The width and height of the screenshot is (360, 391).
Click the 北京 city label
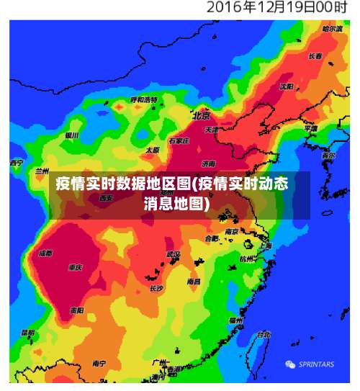pyautogui.click(x=201, y=115)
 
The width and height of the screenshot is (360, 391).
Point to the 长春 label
pyautogui.click(x=315, y=55)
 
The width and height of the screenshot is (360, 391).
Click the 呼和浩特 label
pyautogui.click(x=144, y=99)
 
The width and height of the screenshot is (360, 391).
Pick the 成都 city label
pyautogui.click(x=45, y=253)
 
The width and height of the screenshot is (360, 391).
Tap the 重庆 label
pyautogui.click(x=76, y=267)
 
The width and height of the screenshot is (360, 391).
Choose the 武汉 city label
pyautogui.click(x=173, y=254)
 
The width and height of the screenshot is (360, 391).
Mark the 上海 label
pyautogui.click(x=265, y=246)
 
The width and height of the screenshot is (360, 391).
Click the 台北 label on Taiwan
pyautogui.click(x=264, y=334)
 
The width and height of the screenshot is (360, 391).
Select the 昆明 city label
pyautogui.click(x=27, y=333)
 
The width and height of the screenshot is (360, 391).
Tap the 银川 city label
pyautogui.click(x=71, y=135)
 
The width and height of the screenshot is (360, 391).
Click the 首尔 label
pyautogui.click(x=328, y=155)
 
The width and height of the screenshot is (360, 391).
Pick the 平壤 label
pyautogui.click(x=310, y=128)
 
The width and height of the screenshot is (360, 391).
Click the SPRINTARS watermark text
pyautogui.click(x=316, y=364)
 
